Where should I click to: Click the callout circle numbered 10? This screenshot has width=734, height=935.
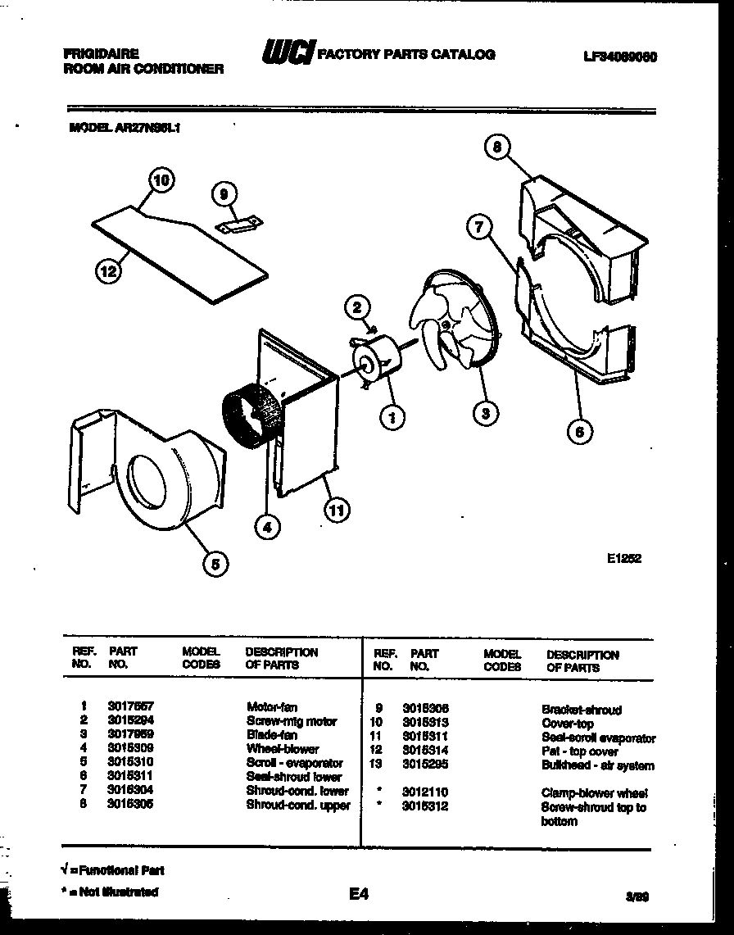[162, 182]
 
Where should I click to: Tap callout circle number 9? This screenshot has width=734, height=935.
[223, 194]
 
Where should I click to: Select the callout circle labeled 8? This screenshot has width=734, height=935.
[496, 148]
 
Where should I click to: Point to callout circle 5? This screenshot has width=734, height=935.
[215, 562]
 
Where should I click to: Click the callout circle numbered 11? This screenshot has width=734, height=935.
[337, 511]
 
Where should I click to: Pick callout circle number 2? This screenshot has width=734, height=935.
[356, 308]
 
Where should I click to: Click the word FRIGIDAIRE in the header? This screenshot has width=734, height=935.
[101, 53]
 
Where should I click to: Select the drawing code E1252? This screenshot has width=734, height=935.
[624, 559]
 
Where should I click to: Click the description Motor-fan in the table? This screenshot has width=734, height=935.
[272, 706]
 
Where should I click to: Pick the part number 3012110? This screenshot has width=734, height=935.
[425, 793]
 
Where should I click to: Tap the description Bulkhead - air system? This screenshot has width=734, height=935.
[598, 766]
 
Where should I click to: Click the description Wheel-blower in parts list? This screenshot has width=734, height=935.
[283, 749]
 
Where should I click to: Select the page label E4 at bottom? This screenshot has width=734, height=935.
[358, 896]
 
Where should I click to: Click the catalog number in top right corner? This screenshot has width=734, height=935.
[621, 57]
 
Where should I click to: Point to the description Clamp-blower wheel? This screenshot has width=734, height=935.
[594, 793]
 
